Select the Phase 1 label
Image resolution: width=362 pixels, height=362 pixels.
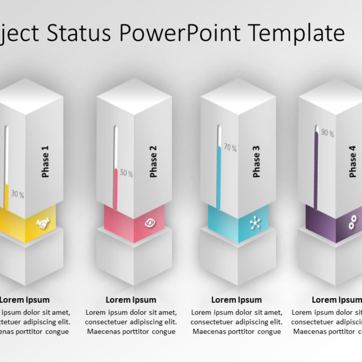pyautogui.click(x=45, y=162)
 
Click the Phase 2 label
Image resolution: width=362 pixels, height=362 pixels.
pyautogui.click(x=153, y=162)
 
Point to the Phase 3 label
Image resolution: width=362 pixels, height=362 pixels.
pyautogui.click(x=256, y=162)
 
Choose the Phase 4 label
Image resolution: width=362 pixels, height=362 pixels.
pyautogui.click(x=353, y=162)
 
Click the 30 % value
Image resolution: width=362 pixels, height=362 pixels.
pyautogui.click(x=18, y=195)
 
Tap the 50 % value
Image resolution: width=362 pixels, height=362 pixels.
pyautogui.click(x=126, y=174)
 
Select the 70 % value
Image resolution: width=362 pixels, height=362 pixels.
pyautogui.click(x=230, y=148)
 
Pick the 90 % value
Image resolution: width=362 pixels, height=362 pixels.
pyautogui.click(x=327, y=134)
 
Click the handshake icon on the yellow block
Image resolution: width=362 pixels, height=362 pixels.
pyautogui.click(x=42, y=225)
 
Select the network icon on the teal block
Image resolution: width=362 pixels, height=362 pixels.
pyautogui.click(x=255, y=223)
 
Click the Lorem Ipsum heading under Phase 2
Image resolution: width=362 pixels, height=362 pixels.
pyautogui.click(x=131, y=300)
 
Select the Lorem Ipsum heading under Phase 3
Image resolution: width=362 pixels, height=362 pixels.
pyautogui.click(x=236, y=300)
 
